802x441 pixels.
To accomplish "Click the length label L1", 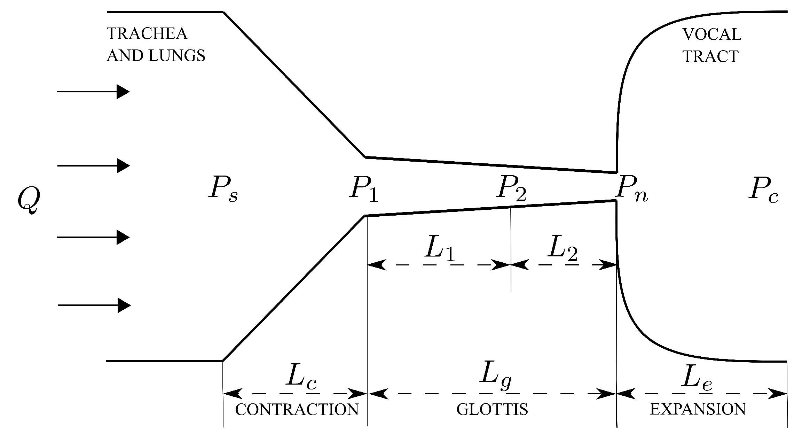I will [439, 251].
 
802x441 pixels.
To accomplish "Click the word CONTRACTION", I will [297, 410].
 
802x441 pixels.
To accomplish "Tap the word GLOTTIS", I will [492, 410].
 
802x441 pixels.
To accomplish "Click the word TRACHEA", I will [147, 34].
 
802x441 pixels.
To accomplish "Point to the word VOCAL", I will [711, 34].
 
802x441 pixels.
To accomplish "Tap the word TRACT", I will [710, 56].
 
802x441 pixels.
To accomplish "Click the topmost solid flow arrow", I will [93, 92].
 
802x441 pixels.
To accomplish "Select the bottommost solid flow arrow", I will [94, 305].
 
